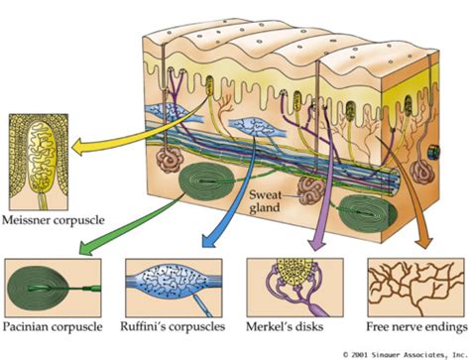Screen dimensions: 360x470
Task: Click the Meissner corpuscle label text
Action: (58, 218)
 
